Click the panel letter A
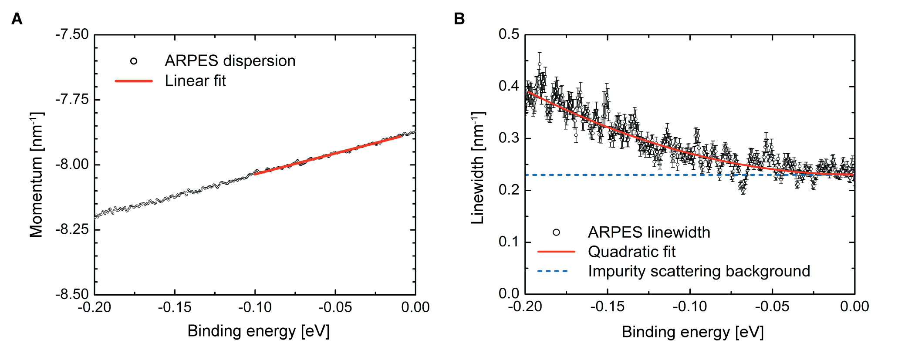17,19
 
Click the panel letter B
459,19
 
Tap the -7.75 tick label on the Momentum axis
72,100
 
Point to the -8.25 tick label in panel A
72,229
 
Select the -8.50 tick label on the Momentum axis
72,294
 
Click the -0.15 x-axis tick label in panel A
175,307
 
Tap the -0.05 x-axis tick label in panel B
772,306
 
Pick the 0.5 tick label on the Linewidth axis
509,34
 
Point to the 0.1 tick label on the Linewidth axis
509,242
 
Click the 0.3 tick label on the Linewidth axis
509,138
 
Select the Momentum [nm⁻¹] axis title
37,174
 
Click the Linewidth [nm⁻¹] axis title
478,168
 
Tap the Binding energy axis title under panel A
258,331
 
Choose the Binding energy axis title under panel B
692,332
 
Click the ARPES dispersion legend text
230,61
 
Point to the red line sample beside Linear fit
134,81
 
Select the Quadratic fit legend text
631,252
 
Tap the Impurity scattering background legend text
699,271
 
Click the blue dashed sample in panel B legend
553,271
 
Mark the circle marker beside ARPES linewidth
556,232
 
